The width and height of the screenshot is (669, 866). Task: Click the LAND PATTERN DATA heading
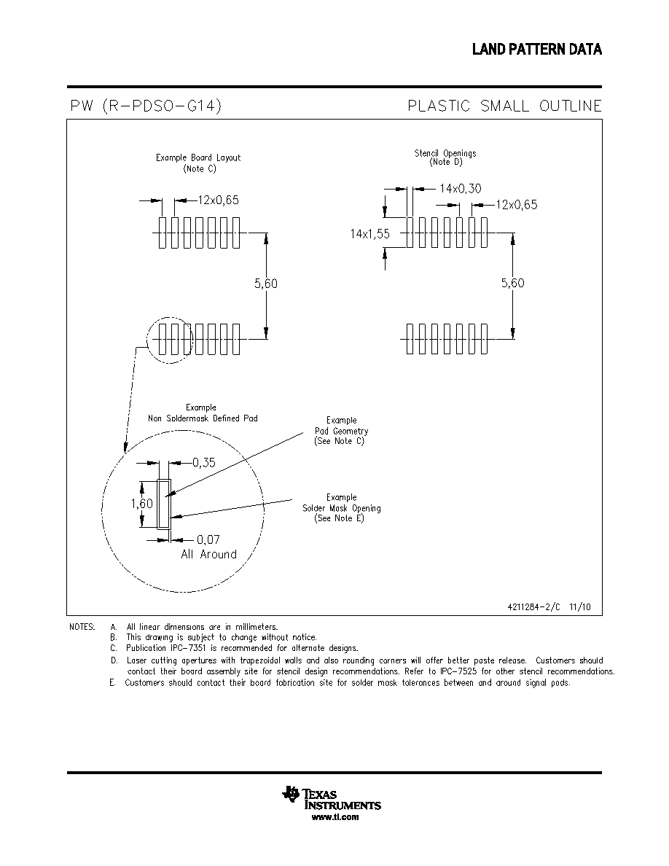[x=536, y=50]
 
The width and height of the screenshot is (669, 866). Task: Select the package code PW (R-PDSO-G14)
[x=146, y=106]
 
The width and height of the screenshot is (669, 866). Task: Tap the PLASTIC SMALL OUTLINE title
[x=504, y=106]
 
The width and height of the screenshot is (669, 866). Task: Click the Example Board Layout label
[x=198, y=158]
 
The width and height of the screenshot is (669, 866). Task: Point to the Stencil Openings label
[x=445, y=153]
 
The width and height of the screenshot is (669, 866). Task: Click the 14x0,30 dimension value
[x=461, y=189]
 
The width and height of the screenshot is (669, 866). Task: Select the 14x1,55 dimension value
[x=369, y=233]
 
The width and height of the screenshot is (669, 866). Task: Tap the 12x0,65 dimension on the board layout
[x=219, y=200]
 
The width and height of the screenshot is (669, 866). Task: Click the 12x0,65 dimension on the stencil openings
[x=517, y=205]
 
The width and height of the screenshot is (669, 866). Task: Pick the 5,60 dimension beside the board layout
[x=266, y=284]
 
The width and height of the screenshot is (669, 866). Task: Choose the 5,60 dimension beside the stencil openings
[x=513, y=284]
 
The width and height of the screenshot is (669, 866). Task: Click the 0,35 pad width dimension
[x=203, y=463]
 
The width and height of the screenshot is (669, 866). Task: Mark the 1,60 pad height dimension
[x=142, y=504]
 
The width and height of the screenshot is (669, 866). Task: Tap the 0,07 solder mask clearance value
[x=208, y=539]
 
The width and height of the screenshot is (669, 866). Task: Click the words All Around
[x=208, y=555]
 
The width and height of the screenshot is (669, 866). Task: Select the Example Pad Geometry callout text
[x=341, y=431]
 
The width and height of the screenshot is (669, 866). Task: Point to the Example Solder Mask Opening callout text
[x=341, y=508]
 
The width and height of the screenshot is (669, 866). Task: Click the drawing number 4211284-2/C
[x=533, y=607]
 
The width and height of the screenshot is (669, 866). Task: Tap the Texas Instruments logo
[x=331, y=798]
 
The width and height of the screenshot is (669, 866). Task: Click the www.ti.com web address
[x=335, y=817]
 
